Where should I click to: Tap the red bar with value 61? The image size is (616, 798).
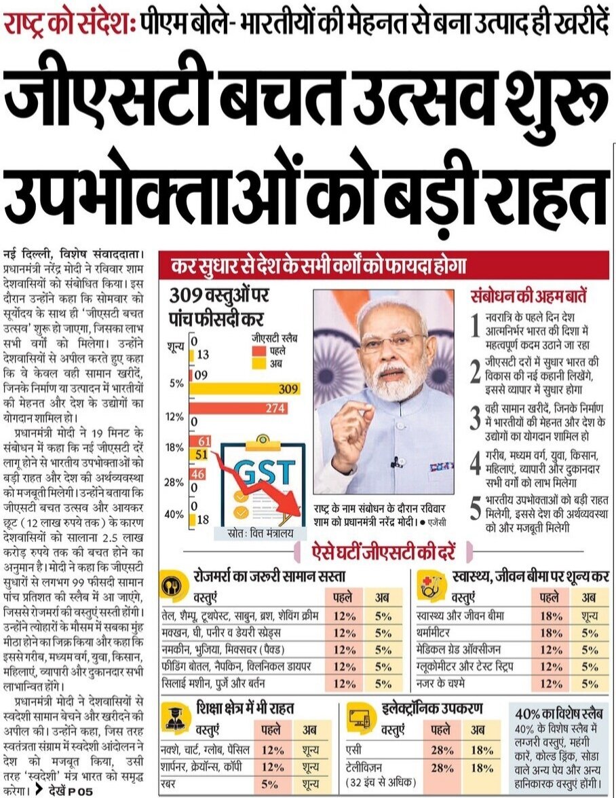point(200,441)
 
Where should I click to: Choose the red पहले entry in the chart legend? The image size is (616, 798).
point(258,351)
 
